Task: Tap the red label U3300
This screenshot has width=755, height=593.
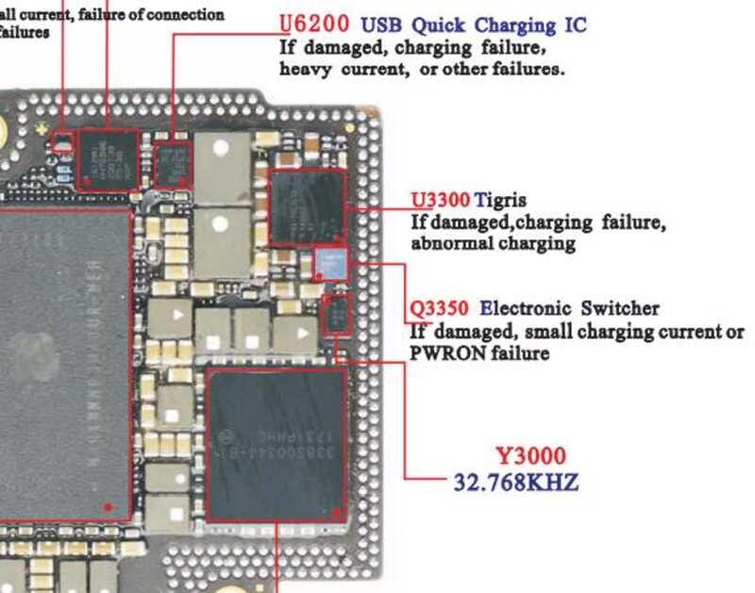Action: [440, 201]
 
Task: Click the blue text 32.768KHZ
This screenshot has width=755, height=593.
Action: [515, 483]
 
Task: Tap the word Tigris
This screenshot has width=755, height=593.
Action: [500, 201]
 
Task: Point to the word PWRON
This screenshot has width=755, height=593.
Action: [444, 353]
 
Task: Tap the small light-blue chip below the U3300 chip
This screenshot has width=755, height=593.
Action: [329, 262]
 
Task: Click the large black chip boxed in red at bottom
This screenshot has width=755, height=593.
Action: [276, 444]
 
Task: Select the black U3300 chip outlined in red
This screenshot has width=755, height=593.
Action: [307, 207]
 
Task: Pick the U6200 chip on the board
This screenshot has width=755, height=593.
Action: [172, 163]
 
